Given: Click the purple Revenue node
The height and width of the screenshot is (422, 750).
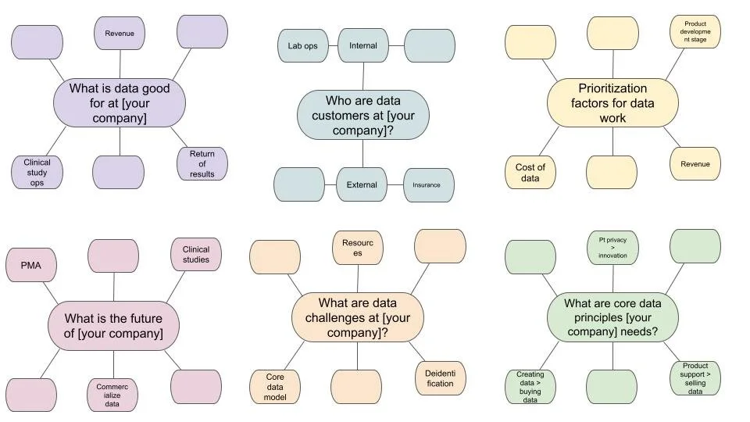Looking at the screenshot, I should point(120,34).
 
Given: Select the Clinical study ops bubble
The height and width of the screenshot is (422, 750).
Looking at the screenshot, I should point(37,172).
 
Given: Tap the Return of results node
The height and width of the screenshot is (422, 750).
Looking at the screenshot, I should point(202,163).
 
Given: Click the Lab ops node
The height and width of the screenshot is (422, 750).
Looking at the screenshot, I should point(302,46).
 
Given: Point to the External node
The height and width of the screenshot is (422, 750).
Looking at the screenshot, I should point(362,185).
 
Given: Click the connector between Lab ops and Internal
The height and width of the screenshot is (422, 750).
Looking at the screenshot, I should point(333,46).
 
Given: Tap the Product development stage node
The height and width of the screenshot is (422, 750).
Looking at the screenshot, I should point(695,32).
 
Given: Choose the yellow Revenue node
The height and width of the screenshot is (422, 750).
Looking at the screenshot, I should point(695,164).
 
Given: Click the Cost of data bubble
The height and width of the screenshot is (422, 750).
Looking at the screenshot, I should point(530,173).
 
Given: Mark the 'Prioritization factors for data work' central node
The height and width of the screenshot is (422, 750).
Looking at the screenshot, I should point(612,103).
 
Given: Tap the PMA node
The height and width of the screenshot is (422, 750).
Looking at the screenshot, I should point(31,266).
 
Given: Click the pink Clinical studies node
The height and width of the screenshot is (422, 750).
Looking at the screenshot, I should point(196,255).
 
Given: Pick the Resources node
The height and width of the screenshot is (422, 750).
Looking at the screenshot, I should point(358,248).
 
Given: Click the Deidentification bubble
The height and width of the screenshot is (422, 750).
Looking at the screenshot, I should point(440,378).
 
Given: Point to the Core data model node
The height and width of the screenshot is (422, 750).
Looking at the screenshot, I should point(275,387).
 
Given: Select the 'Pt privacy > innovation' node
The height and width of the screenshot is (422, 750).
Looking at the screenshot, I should point(612,247).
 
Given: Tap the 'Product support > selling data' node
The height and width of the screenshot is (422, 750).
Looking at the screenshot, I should point(695,378).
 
